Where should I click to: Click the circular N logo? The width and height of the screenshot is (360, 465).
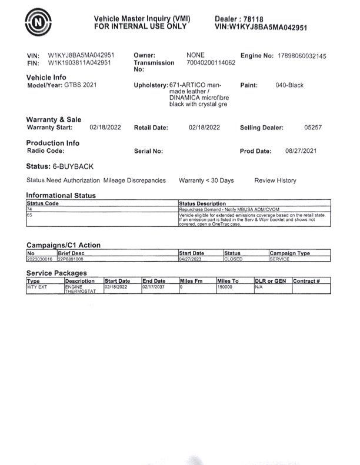[38, 21]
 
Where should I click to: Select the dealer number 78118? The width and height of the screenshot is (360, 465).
[256, 19]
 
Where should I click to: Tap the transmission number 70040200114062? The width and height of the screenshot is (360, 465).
[211, 62]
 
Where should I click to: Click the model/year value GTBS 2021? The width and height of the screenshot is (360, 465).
[81, 85]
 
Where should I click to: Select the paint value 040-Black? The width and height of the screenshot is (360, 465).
[289, 85]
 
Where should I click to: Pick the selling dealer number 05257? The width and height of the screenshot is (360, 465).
[312, 128]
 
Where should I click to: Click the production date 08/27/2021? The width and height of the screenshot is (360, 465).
[301, 151]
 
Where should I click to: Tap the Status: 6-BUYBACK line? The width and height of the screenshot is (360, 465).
[60, 166]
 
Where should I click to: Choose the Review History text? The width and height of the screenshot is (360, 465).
[275, 180]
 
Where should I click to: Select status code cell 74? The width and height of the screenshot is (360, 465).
[29, 209]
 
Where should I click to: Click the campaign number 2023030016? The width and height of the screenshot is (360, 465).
[40, 259]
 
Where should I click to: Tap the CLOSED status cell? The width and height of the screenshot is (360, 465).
[234, 259]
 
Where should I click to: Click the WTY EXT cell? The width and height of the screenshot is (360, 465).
[37, 287]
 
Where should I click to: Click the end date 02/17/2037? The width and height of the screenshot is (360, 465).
[154, 287]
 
